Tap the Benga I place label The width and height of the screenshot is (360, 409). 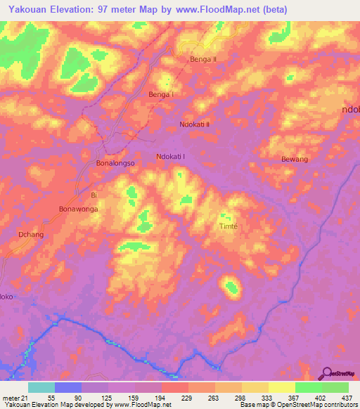[160, 94]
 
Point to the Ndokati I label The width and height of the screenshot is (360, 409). [171, 157]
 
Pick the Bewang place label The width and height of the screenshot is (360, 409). [295, 160]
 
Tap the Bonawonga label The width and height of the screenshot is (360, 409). [78, 209]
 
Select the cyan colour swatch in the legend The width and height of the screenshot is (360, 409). [41, 387]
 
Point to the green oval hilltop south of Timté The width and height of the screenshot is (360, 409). [231, 285]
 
